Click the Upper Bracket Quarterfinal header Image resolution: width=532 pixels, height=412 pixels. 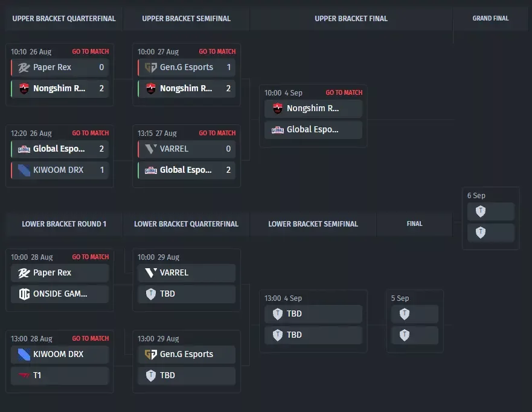pyautogui.click(x=64, y=19)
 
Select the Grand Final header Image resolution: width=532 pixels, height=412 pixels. pyautogui.click(x=490, y=18)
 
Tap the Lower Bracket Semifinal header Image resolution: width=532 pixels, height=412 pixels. pyautogui.click(x=313, y=224)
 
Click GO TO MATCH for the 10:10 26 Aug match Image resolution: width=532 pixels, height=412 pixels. pyautogui.click(x=90, y=51)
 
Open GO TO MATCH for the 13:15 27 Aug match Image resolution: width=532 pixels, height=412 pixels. pyautogui.click(x=217, y=133)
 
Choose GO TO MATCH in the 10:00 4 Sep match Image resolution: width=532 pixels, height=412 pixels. pyautogui.click(x=344, y=92)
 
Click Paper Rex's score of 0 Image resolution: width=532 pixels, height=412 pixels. pyautogui.click(x=101, y=67)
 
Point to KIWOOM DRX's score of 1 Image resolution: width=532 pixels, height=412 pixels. pyautogui.click(x=102, y=170)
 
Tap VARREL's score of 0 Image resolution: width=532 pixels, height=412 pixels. pyautogui.click(x=228, y=149)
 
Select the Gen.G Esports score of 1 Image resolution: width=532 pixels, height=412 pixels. pyautogui.click(x=229, y=67)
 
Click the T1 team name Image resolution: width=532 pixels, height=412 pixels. pyautogui.click(x=37, y=375)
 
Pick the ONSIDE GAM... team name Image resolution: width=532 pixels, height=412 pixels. pyautogui.click(x=60, y=294)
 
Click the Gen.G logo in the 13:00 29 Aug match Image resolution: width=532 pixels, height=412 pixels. pyautogui.click(x=150, y=354)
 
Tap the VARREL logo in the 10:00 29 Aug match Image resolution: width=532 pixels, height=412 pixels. pyautogui.click(x=150, y=272)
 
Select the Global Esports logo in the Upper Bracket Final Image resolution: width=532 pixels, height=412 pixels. pyautogui.click(x=278, y=130)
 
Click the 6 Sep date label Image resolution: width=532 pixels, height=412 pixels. pyautogui.click(x=476, y=196)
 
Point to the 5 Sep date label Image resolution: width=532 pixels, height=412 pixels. pyautogui.click(x=400, y=298)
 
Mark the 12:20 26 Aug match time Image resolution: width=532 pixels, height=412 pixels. pyautogui.click(x=31, y=134)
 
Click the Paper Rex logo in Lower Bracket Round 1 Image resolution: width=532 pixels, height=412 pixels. pyautogui.click(x=24, y=273)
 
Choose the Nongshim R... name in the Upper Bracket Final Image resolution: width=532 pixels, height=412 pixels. pyautogui.click(x=313, y=108)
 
